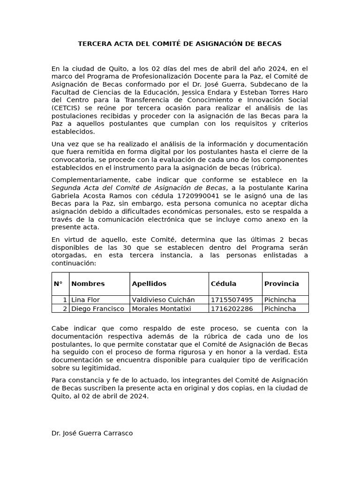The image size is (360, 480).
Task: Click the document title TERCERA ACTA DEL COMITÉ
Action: coord(180,44)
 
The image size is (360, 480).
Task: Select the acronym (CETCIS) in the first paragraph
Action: coord(65,108)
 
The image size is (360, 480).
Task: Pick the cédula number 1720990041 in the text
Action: coord(196,195)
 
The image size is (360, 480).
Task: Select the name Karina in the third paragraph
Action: coord(297,187)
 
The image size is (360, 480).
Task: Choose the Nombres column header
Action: coord(88,284)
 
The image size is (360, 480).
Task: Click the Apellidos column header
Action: coord(149,284)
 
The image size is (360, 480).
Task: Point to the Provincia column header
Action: coord(281,284)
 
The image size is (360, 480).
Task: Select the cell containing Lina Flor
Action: coord(85,300)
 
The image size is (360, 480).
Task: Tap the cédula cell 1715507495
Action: coord(232,300)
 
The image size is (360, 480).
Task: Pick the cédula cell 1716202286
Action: coord(232,308)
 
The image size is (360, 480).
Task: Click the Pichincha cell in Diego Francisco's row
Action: coord(280,308)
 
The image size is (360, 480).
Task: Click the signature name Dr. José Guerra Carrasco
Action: coord(92,433)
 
